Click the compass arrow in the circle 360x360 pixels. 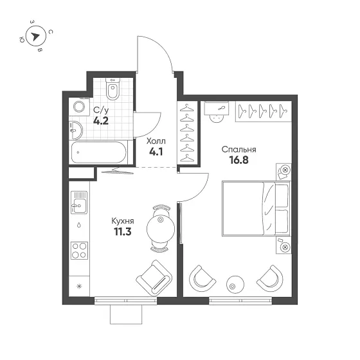pos(35,36)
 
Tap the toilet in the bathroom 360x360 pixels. pos(113,89)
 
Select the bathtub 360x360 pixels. pos(99,152)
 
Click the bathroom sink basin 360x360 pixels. pos(76,130)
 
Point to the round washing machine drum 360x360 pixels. pos(79,107)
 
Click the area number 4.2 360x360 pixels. pos(101,121)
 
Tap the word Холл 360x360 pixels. pos(156,141)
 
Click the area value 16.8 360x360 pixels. pos(239,160)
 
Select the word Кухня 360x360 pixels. pos(123,221)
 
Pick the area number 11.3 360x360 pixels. pos(123,232)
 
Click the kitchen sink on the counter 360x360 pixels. pos(79,203)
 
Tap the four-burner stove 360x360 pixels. pos(79,251)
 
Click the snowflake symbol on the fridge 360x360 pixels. pos(79,286)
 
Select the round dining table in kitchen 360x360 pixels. pos(161,229)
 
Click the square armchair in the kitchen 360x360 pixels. pos(154,278)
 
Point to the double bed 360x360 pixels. pos(256,209)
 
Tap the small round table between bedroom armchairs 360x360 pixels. pos(235,284)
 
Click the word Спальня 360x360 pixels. pos(239,149)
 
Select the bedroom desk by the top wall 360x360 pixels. pos(217,108)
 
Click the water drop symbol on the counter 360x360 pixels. pos(79,225)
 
